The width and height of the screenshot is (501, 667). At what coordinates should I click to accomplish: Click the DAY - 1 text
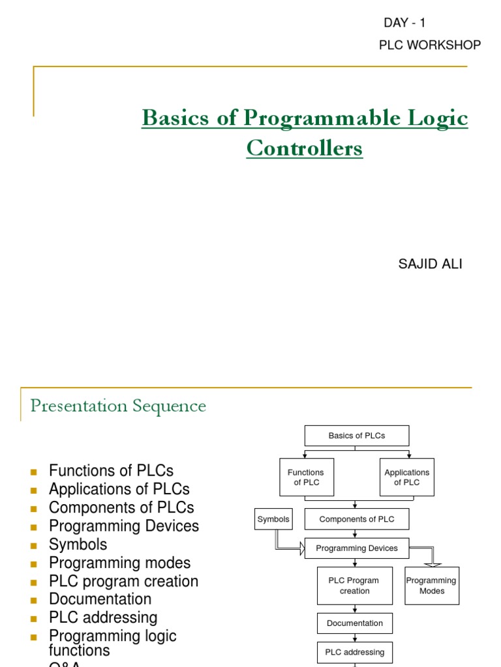pyautogui.click(x=404, y=23)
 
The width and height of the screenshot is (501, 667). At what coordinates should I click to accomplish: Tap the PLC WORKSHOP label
pyautogui.click(x=430, y=45)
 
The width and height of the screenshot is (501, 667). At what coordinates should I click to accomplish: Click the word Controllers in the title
pyautogui.click(x=304, y=149)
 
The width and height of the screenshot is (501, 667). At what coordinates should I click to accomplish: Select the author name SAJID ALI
pyautogui.click(x=430, y=264)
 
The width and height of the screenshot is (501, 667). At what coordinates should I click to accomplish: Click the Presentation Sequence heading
pyautogui.click(x=118, y=406)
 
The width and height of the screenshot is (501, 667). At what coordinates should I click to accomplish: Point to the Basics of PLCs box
pyautogui.click(x=357, y=436)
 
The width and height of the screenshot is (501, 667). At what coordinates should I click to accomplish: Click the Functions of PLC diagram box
pyautogui.click(x=305, y=477)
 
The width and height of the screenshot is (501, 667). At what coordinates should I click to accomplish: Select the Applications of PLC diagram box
pyautogui.click(x=406, y=477)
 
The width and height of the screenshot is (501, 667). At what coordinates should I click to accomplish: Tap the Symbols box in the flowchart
pyautogui.click(x=273, y=519)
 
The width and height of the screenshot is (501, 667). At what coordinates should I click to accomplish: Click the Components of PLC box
pyautogui.click(x=357, y=519)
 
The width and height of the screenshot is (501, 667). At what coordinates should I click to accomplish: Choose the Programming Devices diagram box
pyautogui.click(x=357, y=548)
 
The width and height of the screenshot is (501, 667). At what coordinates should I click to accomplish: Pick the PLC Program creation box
pyautogui.click(x=355, y=586)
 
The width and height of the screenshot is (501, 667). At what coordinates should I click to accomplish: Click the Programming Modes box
pyautogui.click(x=432, y=586)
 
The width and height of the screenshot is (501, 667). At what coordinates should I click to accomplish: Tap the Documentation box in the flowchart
pyautogui.click(x=355, y=623)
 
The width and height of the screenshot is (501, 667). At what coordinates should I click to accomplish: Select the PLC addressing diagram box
pyautogui.click(x=355, y=652)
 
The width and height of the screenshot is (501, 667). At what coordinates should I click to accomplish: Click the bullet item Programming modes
pyautogui.click(x=119, y=563)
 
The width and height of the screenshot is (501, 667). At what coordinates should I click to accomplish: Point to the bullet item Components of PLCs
pyautogui.click(x=121, y=507)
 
